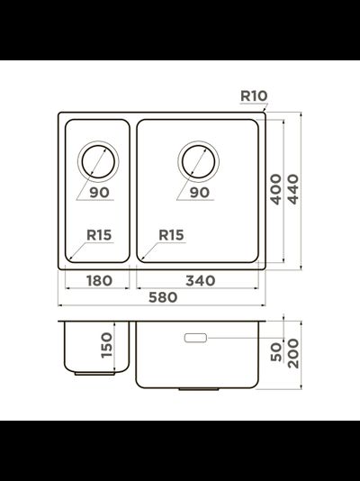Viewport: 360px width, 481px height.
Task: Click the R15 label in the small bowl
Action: click(x=99, y=235)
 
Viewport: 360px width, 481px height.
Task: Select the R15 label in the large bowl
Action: click(x=170, y=235)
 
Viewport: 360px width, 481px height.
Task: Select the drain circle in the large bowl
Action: click(x=198, y=161)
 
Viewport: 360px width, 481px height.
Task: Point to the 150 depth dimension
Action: click(x=106, y=344)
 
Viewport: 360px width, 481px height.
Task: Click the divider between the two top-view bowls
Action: click(x=133, y=189)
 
